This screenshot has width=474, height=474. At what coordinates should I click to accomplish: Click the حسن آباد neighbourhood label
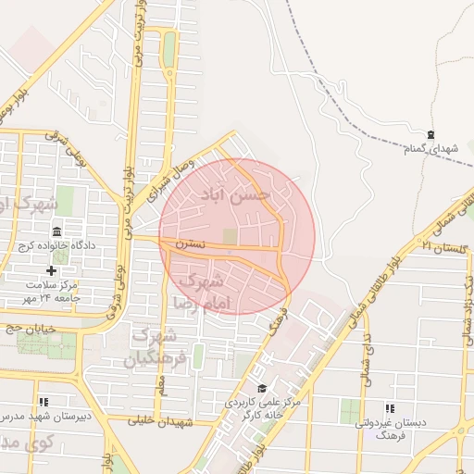click(x=237, y=195)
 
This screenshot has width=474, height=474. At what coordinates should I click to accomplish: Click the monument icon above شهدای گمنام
click(x=431, y=135)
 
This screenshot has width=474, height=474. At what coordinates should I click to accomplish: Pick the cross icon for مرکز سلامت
click(x=51, y=270)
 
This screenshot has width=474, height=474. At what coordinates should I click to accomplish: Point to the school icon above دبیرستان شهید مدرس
click(x=44, y=402)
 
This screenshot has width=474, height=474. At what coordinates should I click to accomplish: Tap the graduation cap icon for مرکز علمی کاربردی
click(x=262, y=388)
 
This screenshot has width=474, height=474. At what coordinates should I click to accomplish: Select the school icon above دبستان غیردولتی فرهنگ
click(x=390, y=407)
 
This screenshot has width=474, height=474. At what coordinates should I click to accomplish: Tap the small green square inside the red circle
click(x=229, y=238)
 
